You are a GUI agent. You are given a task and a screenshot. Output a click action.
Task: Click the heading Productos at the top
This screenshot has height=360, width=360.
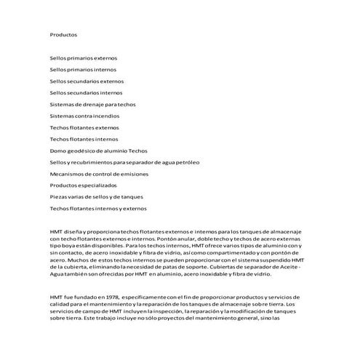pyautogui.click(x=63, y=34)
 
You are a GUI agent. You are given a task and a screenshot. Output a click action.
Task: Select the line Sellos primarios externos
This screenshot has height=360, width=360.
pyautogui.click(x=83, y=57)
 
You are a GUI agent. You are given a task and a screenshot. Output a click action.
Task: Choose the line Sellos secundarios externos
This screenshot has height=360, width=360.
pyautogui.click(x=87, y=81)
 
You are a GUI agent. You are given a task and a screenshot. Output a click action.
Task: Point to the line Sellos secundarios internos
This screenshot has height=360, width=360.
pyautogui.click(x=86, y=92)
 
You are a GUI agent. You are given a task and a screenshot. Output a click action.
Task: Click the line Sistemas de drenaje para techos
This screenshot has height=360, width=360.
pyautogui.click(x=92, y=104)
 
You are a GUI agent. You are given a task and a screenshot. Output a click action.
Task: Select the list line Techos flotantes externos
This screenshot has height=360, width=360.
pyautogui.click(x=84, y=127)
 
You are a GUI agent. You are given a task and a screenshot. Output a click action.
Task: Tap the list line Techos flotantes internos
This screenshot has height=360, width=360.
pyautogui.click(x=84, y=139)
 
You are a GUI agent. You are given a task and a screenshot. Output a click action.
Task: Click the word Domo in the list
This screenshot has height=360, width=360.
pyautogui.click(x=57, y=151)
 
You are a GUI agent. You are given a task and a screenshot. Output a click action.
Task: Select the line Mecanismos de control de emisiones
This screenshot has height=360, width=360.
pyautogui.click(x=99, y=174)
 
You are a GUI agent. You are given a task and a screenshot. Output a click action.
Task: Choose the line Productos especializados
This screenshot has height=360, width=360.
pyautogui.click(x=83, y=185)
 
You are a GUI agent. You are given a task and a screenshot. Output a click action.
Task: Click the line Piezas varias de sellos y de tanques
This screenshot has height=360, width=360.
pyautogui.click(x=96, y=197)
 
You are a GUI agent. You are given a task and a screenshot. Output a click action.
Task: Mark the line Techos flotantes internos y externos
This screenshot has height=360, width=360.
pyautogui.click(x=97, y=209)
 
